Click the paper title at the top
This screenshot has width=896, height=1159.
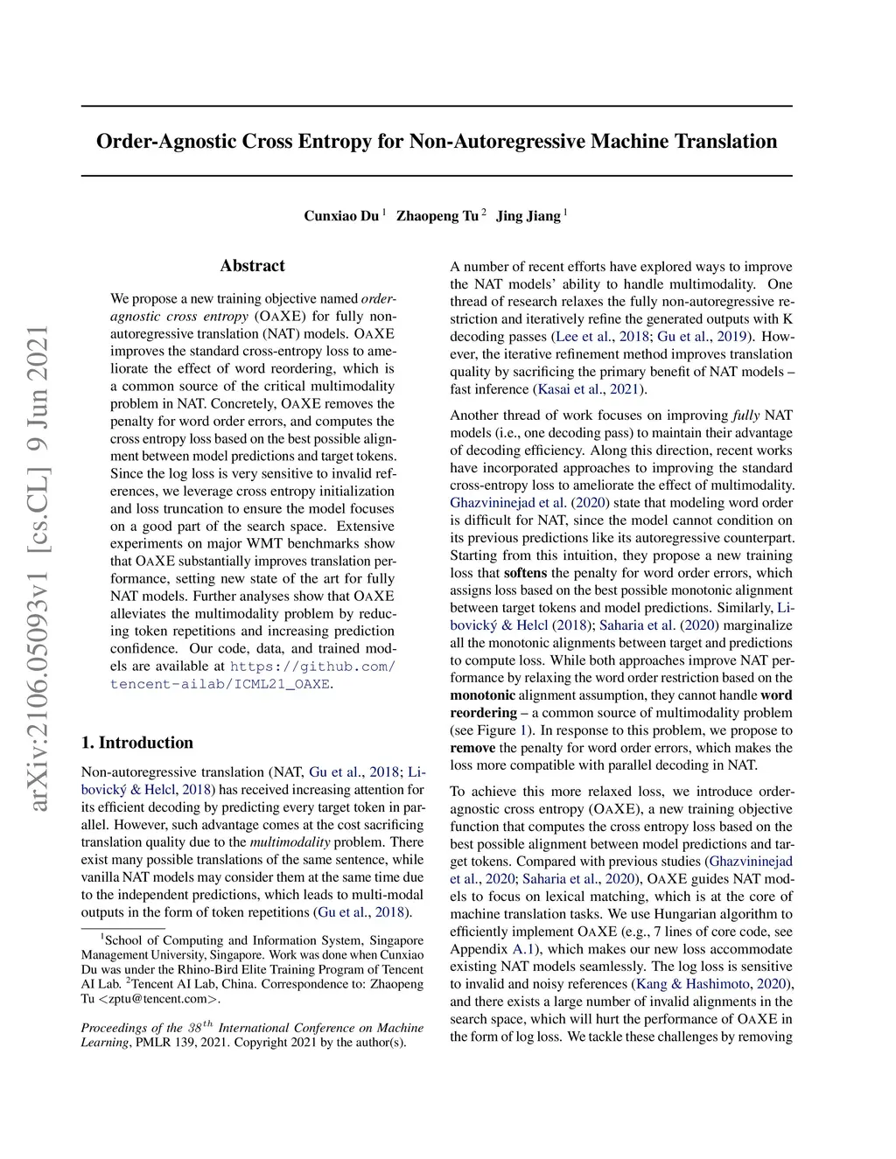pyautogui.click(x=437, y=142)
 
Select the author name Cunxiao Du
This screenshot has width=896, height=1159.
pyautogui.click(x=341, y=216)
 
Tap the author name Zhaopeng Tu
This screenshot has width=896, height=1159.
pyautogui.click(x=437, y=216)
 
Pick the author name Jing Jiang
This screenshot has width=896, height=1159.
pyautogui.click(x=528, y=216)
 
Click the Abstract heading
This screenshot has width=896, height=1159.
pyautogui.click(x=252, y=266)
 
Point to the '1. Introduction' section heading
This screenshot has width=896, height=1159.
pyautogui.click(x=137, y=743)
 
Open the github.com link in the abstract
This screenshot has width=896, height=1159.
pyautogui.click(x=312, y=667)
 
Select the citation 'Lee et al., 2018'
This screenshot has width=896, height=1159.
pyautogui.click(x=602, y=337)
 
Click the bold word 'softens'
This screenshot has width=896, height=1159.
pyautogui.click(x=525, y=573)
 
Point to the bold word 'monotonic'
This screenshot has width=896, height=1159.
pyautogui.click(x=482, y=695)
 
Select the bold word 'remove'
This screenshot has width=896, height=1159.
pyautogui.click(x=472, y=748)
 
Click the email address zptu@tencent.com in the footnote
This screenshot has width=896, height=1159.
pyautogui.click(x=158, y=999)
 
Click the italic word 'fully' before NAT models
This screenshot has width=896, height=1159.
pyautogui.click(x=745, y=415)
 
